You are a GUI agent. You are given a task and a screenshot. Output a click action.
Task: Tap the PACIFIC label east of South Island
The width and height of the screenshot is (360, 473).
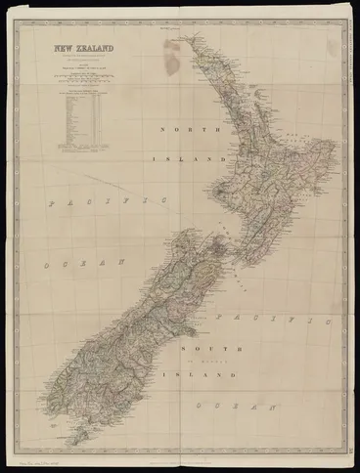[272, 319]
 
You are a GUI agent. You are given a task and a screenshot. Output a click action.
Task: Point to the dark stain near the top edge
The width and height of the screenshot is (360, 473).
[173, 56]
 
